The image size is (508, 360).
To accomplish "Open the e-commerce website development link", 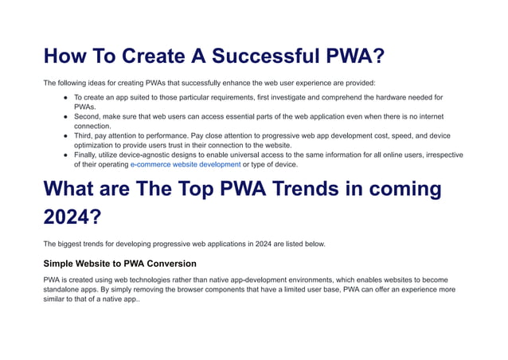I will click(186, 165).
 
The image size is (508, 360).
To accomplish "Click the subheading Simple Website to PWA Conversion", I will click(119, 264).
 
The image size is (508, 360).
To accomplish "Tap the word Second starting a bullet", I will click(89, 116).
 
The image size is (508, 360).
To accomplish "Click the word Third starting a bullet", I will click(84, 135).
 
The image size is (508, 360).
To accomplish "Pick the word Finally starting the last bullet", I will click(88, 155).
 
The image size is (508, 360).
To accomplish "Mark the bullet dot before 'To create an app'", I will click(65, 97).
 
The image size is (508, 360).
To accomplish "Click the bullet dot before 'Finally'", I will click(65, 155).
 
